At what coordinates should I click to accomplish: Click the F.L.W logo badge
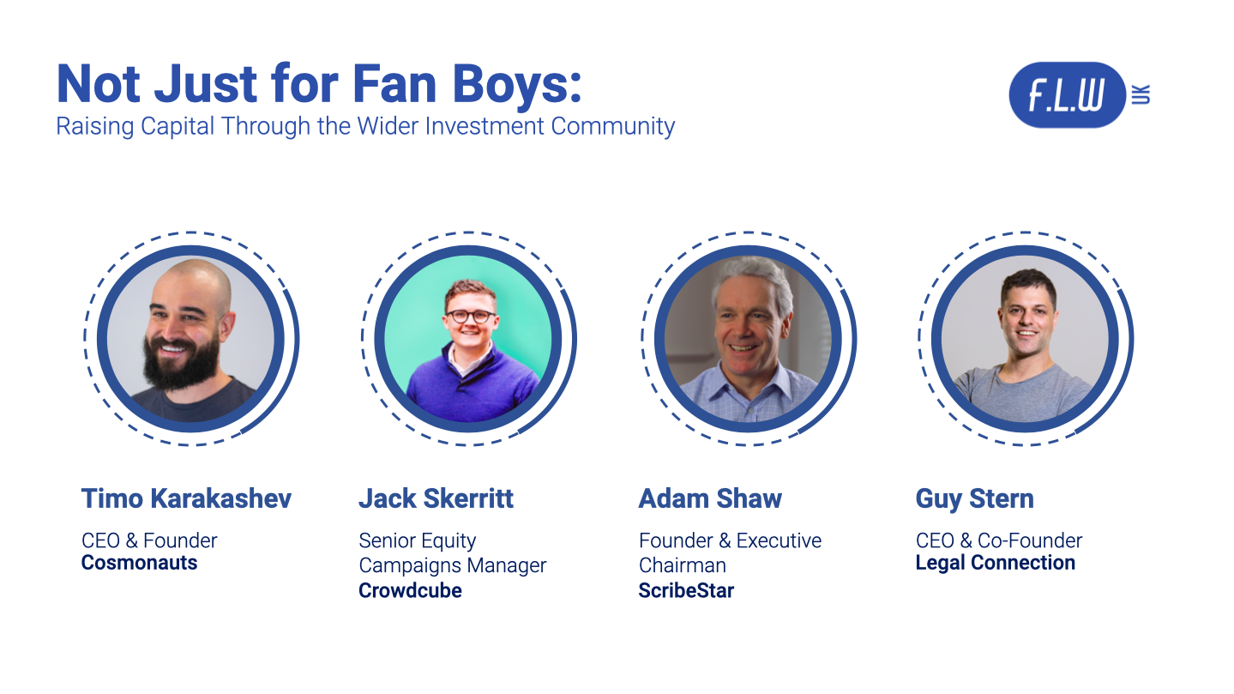[x=1067, y=94]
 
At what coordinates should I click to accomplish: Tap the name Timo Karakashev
[x=186, y=498]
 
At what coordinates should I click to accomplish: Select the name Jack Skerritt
[x=436, y=498]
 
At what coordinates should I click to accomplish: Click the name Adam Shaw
[x=710, y=498]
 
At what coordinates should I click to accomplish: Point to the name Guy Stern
[x=974, y=498]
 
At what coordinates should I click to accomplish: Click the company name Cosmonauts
[x=139, y=564]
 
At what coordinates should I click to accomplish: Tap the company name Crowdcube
[x=410, y=590]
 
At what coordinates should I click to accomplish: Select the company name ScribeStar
[x=686, y=590]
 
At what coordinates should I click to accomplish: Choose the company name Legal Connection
[x=995, y=564]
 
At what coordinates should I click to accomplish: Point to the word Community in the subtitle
[x=613, y=126]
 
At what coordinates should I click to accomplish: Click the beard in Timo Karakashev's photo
[x=182, y=365]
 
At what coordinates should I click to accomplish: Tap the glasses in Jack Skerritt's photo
[x=470, y=316]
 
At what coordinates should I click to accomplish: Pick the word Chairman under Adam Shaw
[x=682, y=565]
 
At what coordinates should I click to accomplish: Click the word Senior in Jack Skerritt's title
[x=386, y=541]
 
